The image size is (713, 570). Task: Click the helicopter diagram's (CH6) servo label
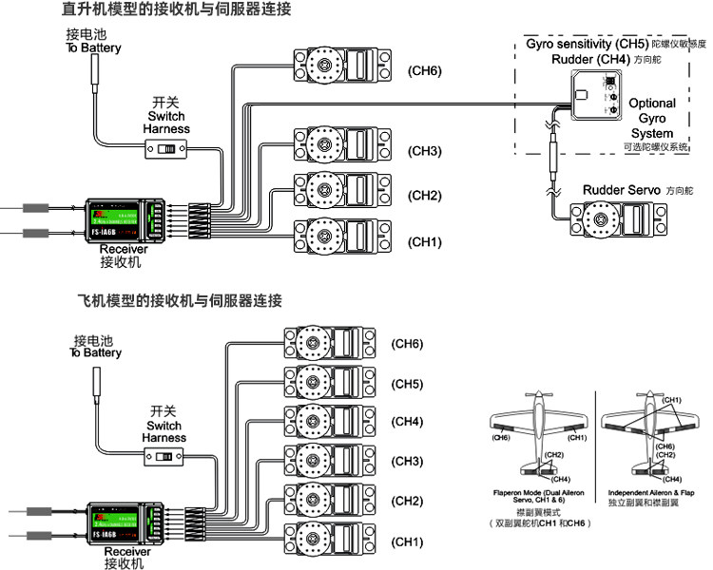(424, 70)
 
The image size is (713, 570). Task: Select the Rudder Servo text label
(623, 190)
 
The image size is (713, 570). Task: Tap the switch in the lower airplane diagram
(165, 459)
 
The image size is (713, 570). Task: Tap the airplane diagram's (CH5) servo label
(408, 384)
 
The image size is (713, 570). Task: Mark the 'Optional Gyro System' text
(653, 118)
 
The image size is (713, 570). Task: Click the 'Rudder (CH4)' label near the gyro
(588, 59)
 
